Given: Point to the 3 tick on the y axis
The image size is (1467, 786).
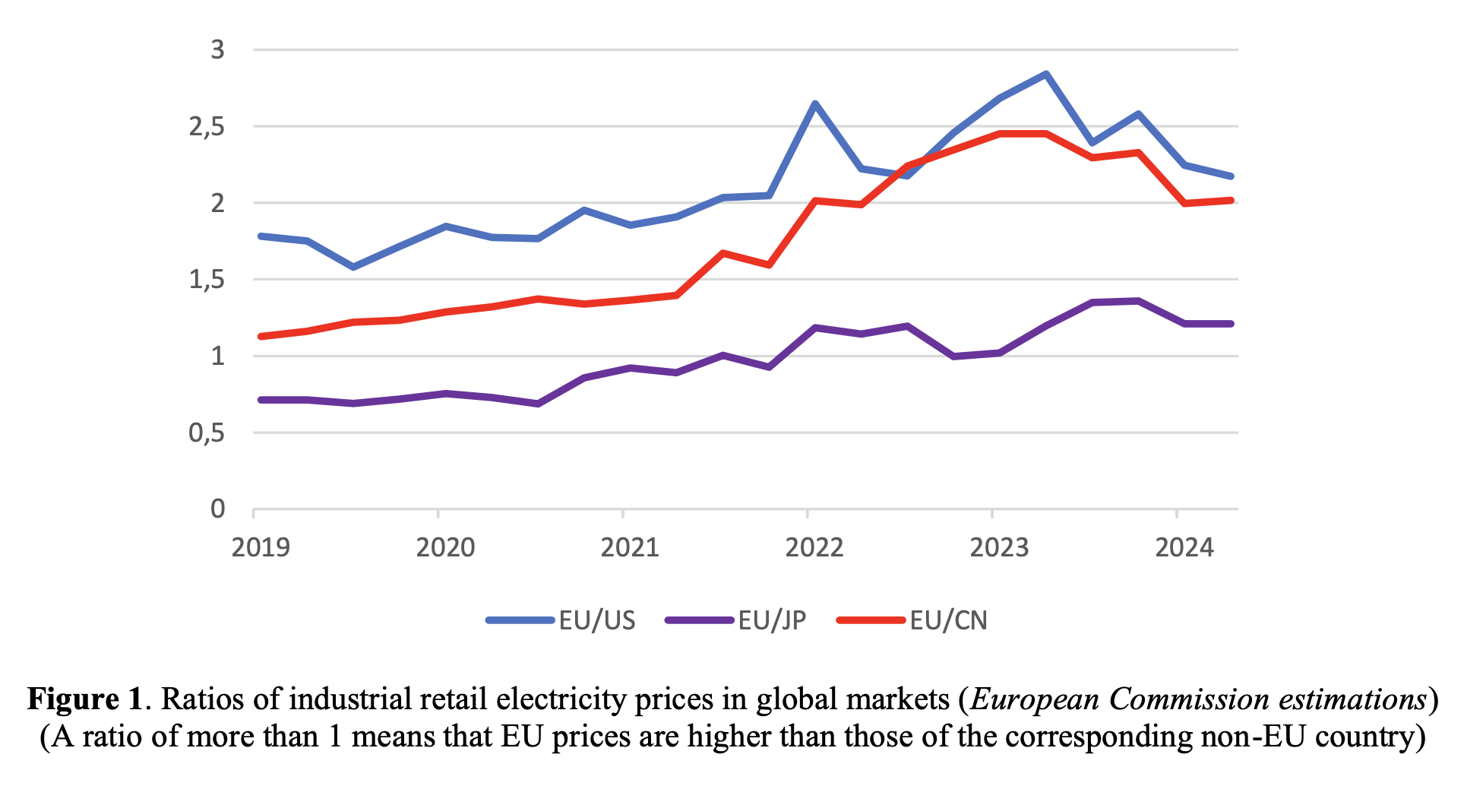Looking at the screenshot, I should [218, 50].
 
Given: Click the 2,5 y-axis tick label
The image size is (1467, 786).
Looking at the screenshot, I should [207, 127].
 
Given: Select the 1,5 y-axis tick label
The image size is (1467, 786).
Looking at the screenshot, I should [207, 280].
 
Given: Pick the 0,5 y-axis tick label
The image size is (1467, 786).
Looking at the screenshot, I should [207, 433].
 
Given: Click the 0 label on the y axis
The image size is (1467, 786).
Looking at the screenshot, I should [218, 509].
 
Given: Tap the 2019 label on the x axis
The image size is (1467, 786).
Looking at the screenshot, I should [261, 547].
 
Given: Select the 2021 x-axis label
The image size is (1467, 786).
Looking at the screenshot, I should [630, 547].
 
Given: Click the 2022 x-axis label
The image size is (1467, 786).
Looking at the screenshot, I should [814, 547].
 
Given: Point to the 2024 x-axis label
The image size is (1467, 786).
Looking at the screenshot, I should [1184, 547].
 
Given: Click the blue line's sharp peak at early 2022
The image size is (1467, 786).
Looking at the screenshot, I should [815, 103].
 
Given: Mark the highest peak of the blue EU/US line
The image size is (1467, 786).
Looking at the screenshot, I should [1046, 74].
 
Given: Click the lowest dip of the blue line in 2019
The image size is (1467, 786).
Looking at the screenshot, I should [353, 267].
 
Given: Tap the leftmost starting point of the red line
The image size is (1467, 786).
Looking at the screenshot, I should [261, 336].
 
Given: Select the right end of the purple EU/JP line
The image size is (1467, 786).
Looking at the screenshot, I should [1231, 324].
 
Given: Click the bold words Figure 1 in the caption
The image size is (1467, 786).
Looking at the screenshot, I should [84, 699].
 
